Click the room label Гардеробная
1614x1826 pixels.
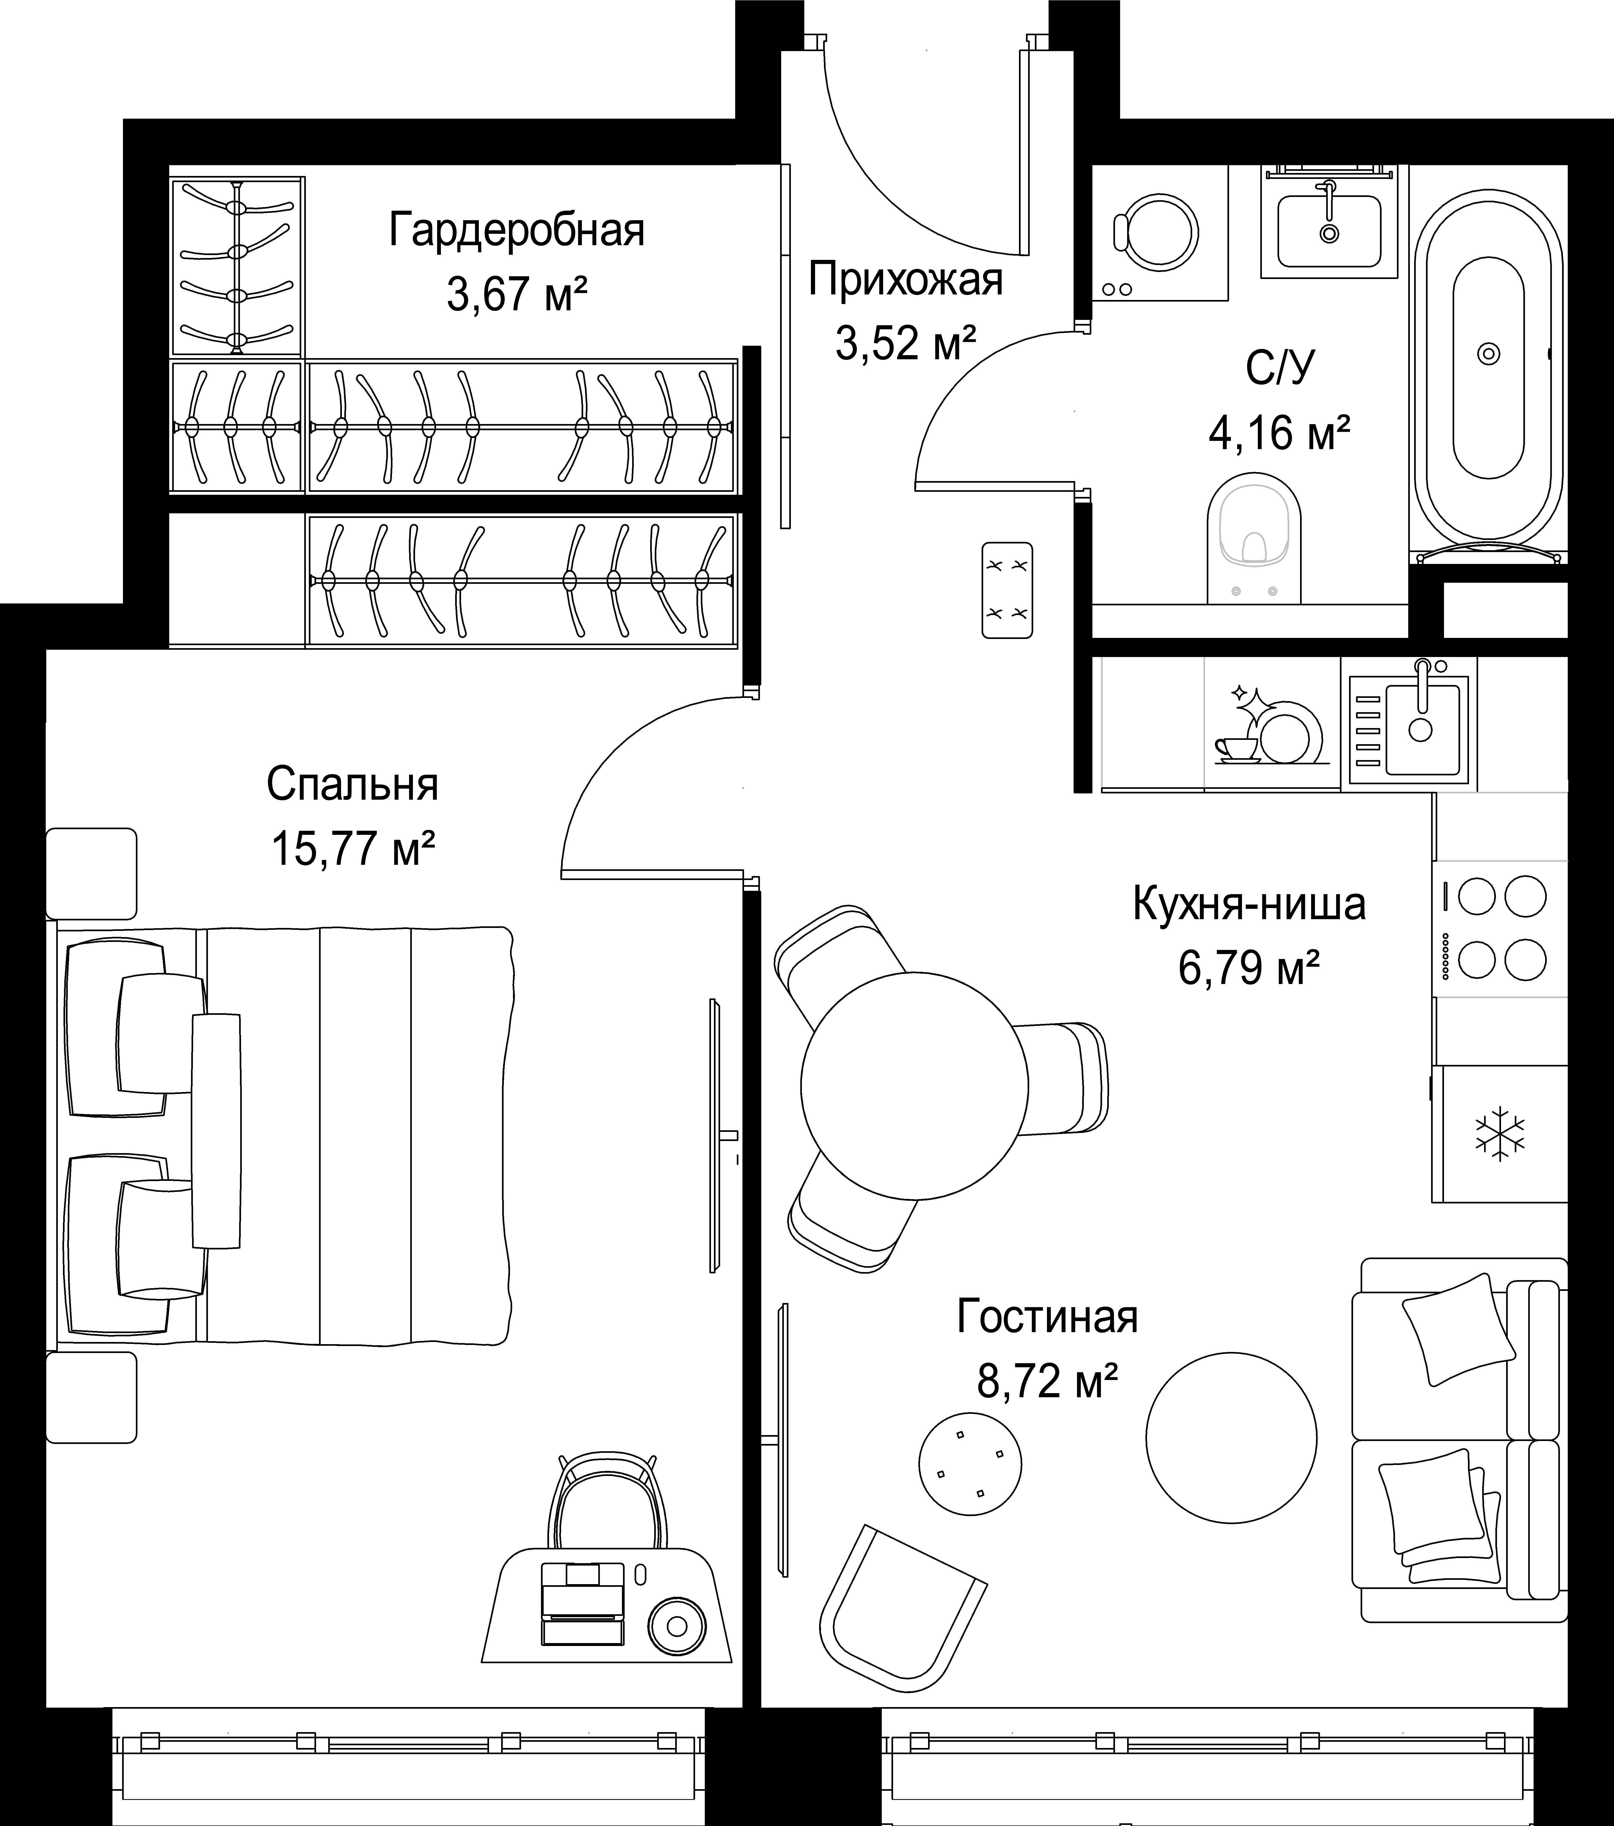click(516, 231)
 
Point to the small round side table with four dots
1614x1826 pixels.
click(970, 1464)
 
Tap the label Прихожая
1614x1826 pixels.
click(906, 280)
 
